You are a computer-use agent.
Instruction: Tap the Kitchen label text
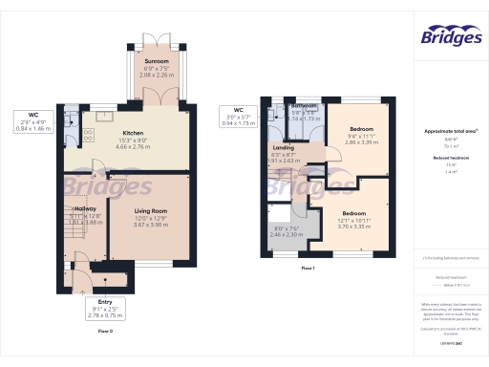click(133, 134)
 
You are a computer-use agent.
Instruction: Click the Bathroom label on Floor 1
click(305, 106)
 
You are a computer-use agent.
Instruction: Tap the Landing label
click(283, 148)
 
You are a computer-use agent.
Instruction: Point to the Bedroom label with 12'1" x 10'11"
click(353, 213)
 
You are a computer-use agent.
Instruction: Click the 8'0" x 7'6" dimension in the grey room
click(287, 228)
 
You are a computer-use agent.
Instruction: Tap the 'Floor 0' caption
click(105, 331)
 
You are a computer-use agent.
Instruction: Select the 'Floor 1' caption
click(308, 270)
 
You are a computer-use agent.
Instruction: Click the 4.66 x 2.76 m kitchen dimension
click(133, 147)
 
